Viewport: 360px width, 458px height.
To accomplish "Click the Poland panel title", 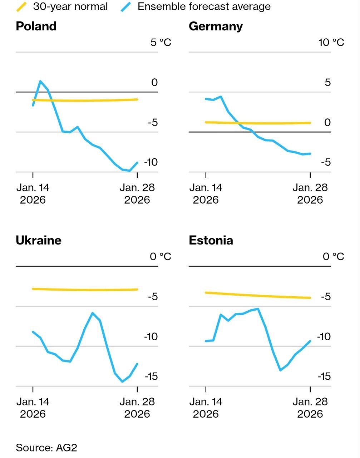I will pyautogui.click(x=36, y=26).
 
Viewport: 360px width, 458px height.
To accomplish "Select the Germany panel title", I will pyautogui.click(x=216, y=26).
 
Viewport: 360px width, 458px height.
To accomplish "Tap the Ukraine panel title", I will pyautogui.click(x=39, y=240).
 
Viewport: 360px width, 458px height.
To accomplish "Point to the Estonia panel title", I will pyautogui.click(x=211, y=240).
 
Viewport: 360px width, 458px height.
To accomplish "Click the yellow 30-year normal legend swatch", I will pyautogui.click(x=22, y=6).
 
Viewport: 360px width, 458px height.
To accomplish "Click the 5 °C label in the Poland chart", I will pyautogui.click(x=161, y=43).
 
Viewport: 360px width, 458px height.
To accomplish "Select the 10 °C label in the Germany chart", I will pyautogui.click(x=331, y=43).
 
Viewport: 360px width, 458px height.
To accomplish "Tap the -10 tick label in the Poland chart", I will pyautogui.click(x=151, y=162).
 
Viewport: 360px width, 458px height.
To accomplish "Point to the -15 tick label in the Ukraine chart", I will pyautogui.click(x=151, y=376).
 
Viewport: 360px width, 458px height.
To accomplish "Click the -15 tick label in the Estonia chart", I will pyautogui.click(x=324, y=376).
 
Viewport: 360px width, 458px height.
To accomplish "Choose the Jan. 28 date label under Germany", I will pyautogui.click(x=310, y=193).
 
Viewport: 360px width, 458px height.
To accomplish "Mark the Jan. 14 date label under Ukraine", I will pyautogui.click(x=33, y=408).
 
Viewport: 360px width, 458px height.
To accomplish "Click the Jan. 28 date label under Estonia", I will pyautogui.click(x=310, y=408).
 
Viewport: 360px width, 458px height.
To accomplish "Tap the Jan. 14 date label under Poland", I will pyautogui.click(x=33, y=193).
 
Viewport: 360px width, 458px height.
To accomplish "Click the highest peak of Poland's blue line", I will pyautogui.click(x=40, y=81).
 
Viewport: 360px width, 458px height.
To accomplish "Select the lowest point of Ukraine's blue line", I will pyautogui.click(x=122, y=381).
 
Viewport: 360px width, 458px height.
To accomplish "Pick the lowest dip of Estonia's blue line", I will pyautogui.click(x=280, y=370).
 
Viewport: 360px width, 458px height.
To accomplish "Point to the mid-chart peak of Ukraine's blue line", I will pyautogui.click(x=93, y=313).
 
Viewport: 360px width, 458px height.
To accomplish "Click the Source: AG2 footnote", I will pyautogui.click(x=46, y=448).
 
